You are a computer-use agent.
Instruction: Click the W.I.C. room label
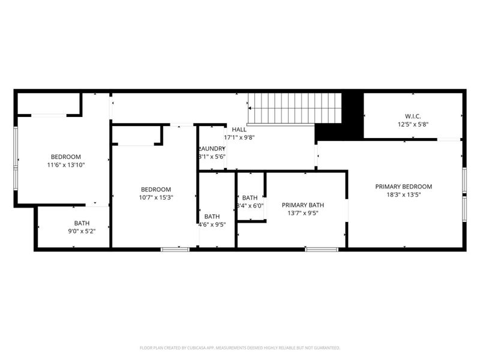coord(413,116)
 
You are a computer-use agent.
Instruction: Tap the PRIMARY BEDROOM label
coord(403,187)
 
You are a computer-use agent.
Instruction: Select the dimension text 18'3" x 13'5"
coord(403,194)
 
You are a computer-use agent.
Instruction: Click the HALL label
coord(239,130)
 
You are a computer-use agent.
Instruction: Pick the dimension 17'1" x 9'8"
coord(239,137)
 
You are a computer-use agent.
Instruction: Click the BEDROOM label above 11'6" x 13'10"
coord(65,157)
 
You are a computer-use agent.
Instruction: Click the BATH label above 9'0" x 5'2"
coord(82,223)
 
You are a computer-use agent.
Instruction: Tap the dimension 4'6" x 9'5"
coord(212,225)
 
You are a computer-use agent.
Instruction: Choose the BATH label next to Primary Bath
coord(250,197)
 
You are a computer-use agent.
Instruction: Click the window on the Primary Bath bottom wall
coord(322,249)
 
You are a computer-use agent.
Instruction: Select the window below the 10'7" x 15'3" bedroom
coord(175,249)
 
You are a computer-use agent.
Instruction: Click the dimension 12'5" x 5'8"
coord(413,125)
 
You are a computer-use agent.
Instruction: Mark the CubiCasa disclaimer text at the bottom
coord(240,347)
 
